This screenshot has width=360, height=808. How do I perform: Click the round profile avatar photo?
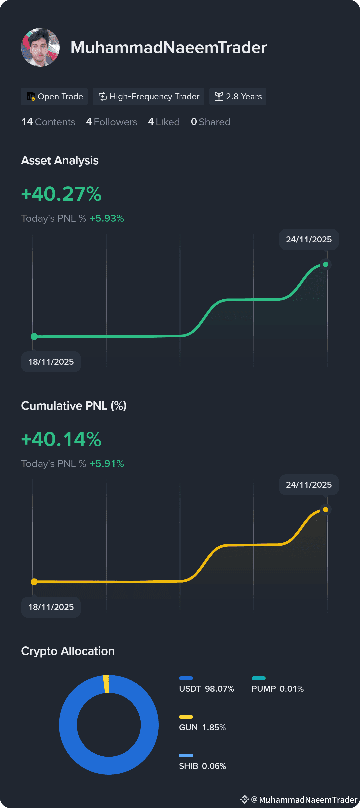click(40, 47)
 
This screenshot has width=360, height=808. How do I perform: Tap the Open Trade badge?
click(54, 96)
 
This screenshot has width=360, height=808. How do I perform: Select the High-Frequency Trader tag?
click(148, 96)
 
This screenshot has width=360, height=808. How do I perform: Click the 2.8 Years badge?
click(238, 96)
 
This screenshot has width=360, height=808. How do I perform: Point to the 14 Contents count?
click(48, 122)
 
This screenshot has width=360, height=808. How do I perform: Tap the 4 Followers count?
click(112, 122)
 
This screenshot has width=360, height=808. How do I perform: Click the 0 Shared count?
click(210, 122)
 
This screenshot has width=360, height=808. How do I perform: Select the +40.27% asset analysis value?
click(61, 194)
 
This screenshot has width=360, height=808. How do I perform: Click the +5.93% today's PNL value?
click(107, 218)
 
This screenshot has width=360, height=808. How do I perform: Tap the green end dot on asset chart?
click(326, 264)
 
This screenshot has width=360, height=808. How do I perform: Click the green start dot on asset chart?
click(34, 337)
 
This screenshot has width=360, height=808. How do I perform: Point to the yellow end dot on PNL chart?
click(326, 510)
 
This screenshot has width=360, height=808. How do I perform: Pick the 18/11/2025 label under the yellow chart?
click(51, 607)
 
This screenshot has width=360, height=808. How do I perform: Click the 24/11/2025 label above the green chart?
click(309, 239)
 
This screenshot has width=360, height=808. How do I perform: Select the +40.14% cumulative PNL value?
click(61, 439)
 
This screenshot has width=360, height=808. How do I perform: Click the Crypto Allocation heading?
click(68, 651)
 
